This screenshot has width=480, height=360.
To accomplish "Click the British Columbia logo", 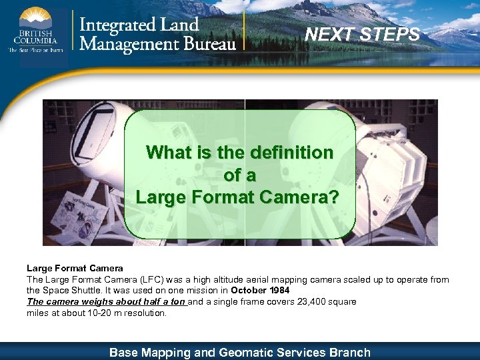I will point(37,30).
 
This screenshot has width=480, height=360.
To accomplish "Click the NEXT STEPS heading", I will point(363,34).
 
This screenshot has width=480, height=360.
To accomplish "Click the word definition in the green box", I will point(291,153).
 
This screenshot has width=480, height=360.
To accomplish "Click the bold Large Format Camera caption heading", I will point(75,268).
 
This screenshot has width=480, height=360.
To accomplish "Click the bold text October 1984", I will point(260,291).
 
